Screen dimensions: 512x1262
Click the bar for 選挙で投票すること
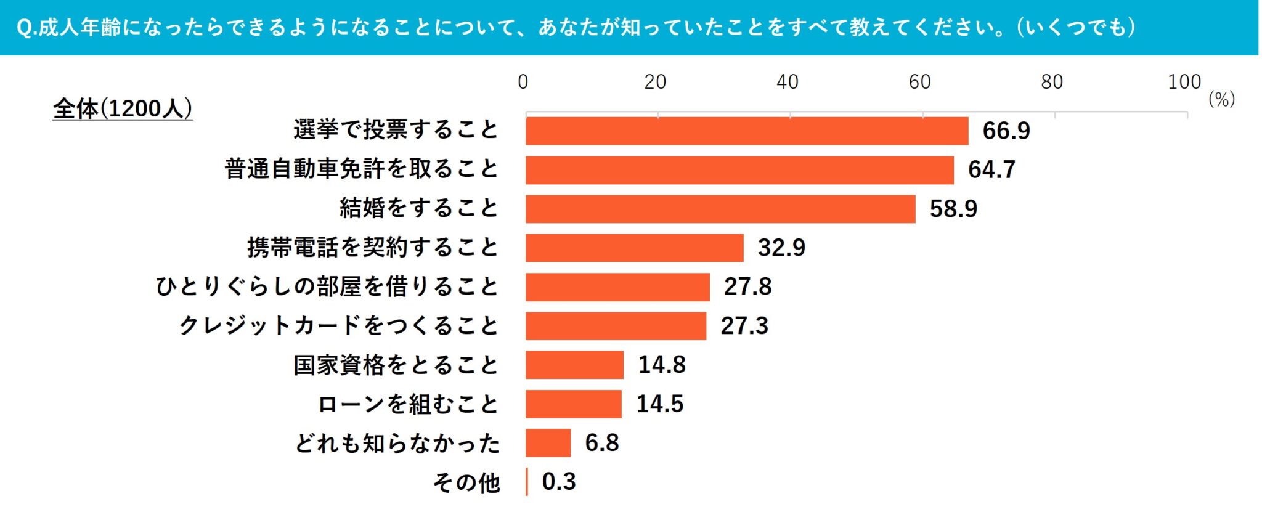click(x=747, y=131)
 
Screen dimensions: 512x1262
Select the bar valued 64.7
click(x=739, y=170)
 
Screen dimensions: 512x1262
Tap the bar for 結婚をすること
click(x=720, y=209)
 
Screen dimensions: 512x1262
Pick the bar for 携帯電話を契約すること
click(x=635, y=248)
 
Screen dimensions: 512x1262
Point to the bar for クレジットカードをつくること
click(x=616, y=326)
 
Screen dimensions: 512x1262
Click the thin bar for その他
click(x=527, y=482)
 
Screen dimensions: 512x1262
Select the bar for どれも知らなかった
click(x=548, y=443)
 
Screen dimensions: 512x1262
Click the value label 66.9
click(x=1006, y=131)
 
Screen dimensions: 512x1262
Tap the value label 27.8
click(x=747, y=287)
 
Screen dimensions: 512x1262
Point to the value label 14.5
click(x=659, y=404)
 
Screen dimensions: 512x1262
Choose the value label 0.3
click(x=558, y=482)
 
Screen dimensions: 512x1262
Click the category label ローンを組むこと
click(x=407, y=405)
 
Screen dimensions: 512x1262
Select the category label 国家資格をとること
click(x=396, y=365)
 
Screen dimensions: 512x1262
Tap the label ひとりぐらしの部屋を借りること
click(x=327, y=287)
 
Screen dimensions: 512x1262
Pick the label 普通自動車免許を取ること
click(x=361, y=169)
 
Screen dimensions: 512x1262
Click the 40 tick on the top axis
click(x=787, y=82)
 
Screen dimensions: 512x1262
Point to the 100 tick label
click(x=1184, y=82)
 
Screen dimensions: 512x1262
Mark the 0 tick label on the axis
click(x=523, y=82)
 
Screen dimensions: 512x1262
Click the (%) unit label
click(x=1221, y=99)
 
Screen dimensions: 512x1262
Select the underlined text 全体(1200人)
click(x=123, y=109)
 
